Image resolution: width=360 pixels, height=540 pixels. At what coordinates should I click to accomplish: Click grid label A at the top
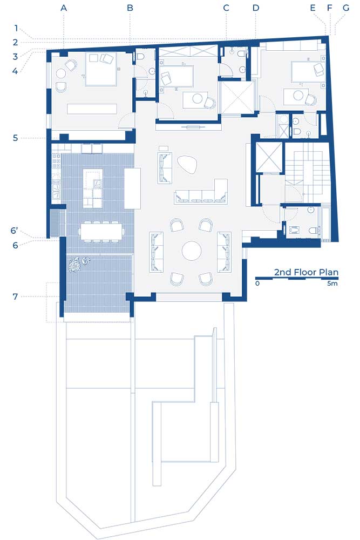[x=63, y=8]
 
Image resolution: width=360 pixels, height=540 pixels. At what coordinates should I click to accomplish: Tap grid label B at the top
[x=130, y=8]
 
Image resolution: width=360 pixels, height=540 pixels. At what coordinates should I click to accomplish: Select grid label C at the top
[x=226, y=8]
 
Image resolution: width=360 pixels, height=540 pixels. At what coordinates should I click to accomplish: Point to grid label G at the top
[x=345, y=8]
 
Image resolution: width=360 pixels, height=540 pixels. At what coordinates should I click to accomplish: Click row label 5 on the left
[x=15, y=138]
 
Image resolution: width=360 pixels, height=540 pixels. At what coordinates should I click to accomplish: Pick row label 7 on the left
[x=15, y=296]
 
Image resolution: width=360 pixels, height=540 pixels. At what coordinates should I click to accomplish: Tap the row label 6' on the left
[x=14, y=231]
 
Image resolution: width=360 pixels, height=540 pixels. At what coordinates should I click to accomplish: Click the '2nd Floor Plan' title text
[x=306, y=272]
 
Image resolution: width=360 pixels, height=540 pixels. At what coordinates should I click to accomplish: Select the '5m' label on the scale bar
[x=332, y=283]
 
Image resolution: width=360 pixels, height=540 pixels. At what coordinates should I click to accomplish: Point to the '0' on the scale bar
[x=257, y=283]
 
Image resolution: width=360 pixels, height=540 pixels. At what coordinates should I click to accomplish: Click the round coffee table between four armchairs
[x=192, y=251]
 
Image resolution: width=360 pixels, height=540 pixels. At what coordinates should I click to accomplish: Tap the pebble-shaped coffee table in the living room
[x=187, y=164]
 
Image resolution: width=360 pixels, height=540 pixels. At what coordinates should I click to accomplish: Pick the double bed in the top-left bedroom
[x=101, y=69]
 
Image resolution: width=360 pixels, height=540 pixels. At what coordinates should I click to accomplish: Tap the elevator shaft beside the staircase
[x=269, y=157]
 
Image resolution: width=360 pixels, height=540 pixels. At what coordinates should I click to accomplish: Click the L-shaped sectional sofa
[x=201, y=192]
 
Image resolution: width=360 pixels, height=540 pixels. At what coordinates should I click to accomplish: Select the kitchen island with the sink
[x=93, y=188]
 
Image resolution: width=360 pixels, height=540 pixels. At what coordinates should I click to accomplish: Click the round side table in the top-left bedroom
[x=62, y=73]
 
